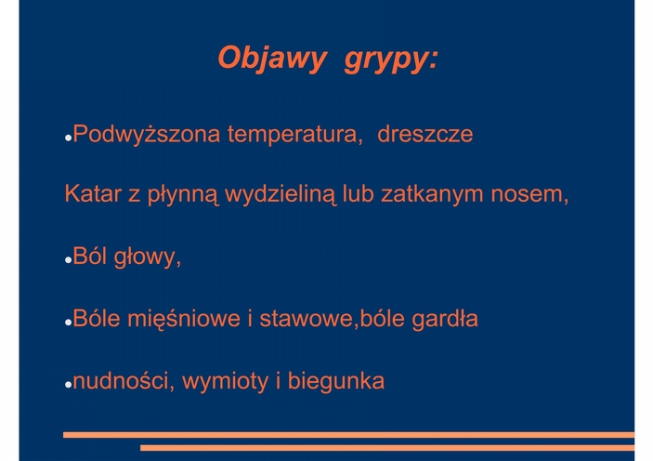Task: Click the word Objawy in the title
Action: coord(271,59)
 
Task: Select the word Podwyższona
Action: coord(147,135)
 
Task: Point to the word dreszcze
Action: coord(425,134)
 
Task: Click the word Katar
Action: coord(93,194)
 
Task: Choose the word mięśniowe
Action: coord(184,320)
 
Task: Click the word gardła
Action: coord(445,320)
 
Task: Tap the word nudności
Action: coord(121,381)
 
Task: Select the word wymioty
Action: coord(226,382)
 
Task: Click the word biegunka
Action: coord(336,381)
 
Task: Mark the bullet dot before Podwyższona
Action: coord(69,138)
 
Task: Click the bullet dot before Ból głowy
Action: coord(69,260)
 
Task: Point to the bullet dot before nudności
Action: coord(69,385)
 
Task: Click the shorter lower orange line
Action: coord(387,448)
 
